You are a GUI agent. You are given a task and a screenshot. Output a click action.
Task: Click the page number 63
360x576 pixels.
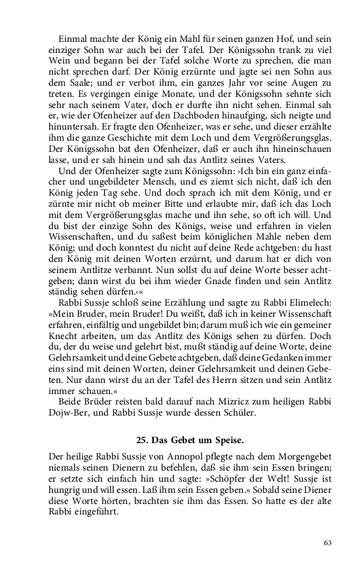tap(328, 542)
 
